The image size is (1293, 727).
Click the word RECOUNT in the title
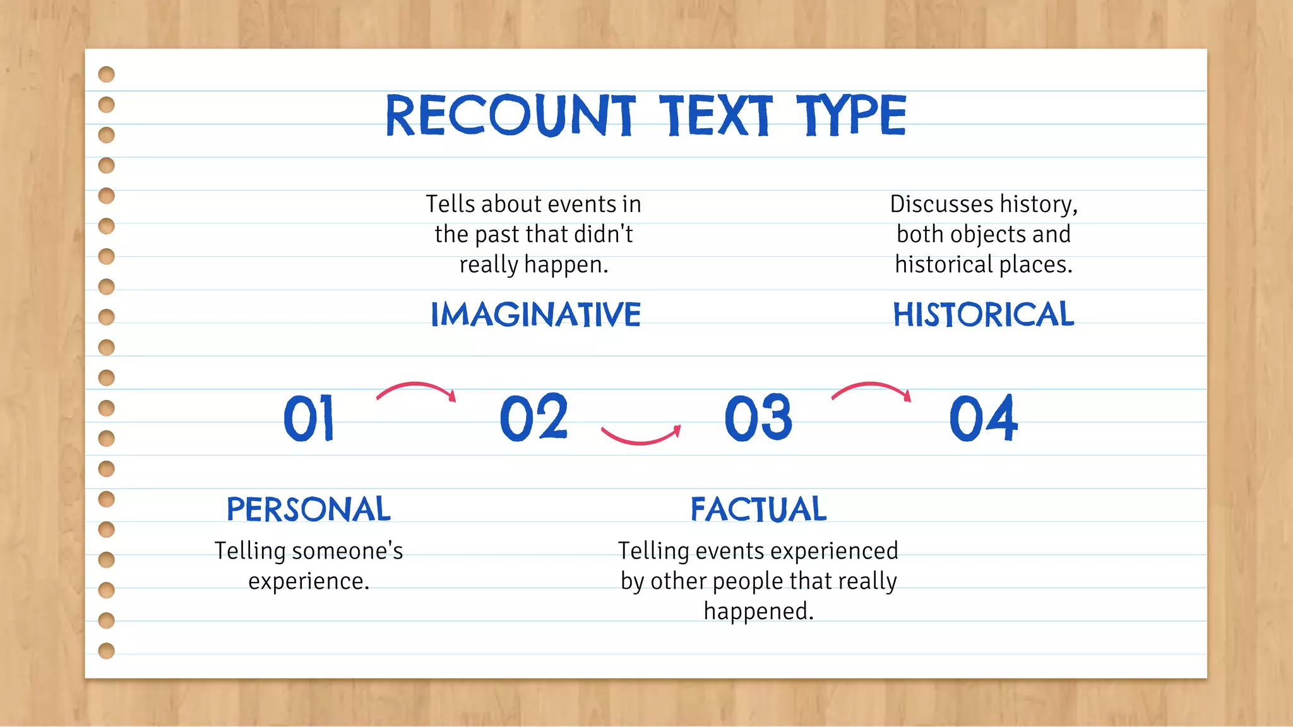pos(510,115)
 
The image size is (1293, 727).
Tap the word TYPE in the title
pos(850,115)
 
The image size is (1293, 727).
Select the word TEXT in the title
pos(715,115)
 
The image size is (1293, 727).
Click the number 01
pos(309,418)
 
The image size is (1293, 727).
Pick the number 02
pos(533,417)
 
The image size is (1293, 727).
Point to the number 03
pos(758,418)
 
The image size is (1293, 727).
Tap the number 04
pos(983,418)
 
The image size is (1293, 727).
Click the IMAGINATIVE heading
pos(535,315)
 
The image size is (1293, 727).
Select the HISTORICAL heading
pos(983,315)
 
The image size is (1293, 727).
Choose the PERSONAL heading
pos(309,509)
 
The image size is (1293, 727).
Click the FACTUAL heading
pos(758,509)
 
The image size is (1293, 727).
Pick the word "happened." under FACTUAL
pos(758,612)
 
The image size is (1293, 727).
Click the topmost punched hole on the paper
pos(107,74)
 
